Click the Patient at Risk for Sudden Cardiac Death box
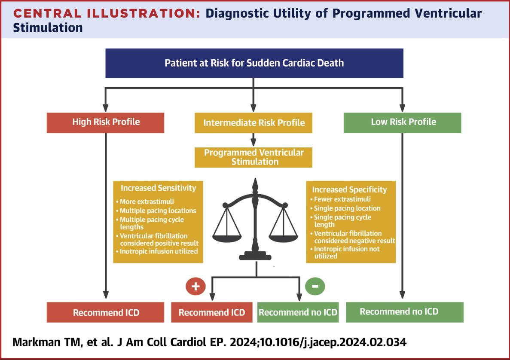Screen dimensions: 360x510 pyautogui.click(x=254, y=63)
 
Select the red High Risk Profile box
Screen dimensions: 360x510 pyautogui.click(x=106, y=122)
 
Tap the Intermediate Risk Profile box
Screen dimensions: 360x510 pyautogui.click(x=253, y=123)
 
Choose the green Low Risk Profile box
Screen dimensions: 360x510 pyautogui.click(x=403, y=122)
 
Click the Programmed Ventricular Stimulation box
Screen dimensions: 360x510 pyautogui.click(x=253, y=158)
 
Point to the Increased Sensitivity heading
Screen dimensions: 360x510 pyautogui.click(x=158, y=188)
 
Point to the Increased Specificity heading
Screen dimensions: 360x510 pyautogui.click(x=349, y=189)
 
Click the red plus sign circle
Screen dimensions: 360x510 pyautogui.click(x=195, y=287)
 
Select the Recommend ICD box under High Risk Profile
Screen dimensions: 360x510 pyautogui.click(x=106, y=312)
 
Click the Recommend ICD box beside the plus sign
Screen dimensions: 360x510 pyautogui.click(x=212, y=312)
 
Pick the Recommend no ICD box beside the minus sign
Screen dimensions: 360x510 pyautogui.click(x=298, y=312)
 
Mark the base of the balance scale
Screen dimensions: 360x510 pyautogui.click(x=256, y=256)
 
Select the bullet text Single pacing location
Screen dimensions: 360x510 pyautogui.click(x=347, y=208)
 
